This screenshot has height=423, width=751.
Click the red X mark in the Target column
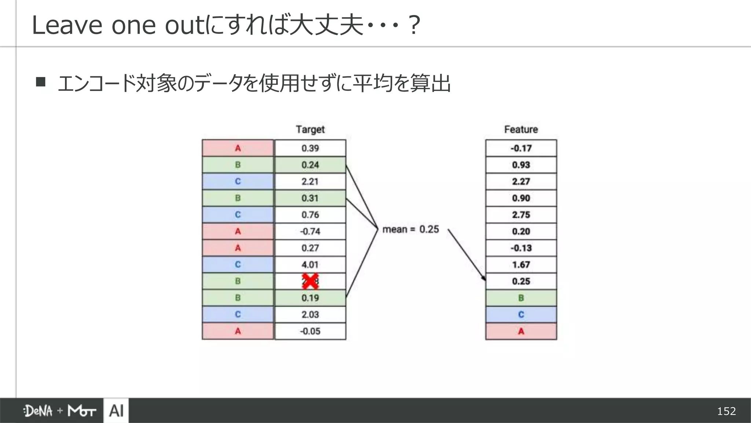(x=310, y=281)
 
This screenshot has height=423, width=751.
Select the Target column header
(x=310, y=129)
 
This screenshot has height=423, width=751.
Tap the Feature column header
(x=521, y=129)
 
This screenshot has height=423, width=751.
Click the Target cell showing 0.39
(x=310, y=148)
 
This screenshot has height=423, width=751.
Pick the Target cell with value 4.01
(x=310, y=264)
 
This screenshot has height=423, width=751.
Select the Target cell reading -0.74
(x=310, y=231)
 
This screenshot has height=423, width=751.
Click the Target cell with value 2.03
(x=310, y=314)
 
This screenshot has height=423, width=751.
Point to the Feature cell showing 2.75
(x=521, y=215)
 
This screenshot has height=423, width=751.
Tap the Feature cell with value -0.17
(x=521, y=148)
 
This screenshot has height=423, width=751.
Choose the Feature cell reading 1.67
(x=521, y=264)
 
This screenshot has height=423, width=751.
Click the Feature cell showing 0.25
(x=521, y=281)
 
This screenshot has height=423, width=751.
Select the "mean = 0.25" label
(x=410, y=229)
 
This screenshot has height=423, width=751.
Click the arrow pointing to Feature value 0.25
(x=466, y=255)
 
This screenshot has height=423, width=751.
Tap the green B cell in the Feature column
(x=521, y=298)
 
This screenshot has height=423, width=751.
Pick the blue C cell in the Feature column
(x=521, y=314)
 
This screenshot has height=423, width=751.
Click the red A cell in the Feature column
(x=521, y=331)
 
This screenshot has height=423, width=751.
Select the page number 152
(x=726, y=411)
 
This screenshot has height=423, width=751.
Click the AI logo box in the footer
(x=116, y=411)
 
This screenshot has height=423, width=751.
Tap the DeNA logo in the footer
(x=38, y=411)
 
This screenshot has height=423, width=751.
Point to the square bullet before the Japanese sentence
(x=41, y=82)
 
